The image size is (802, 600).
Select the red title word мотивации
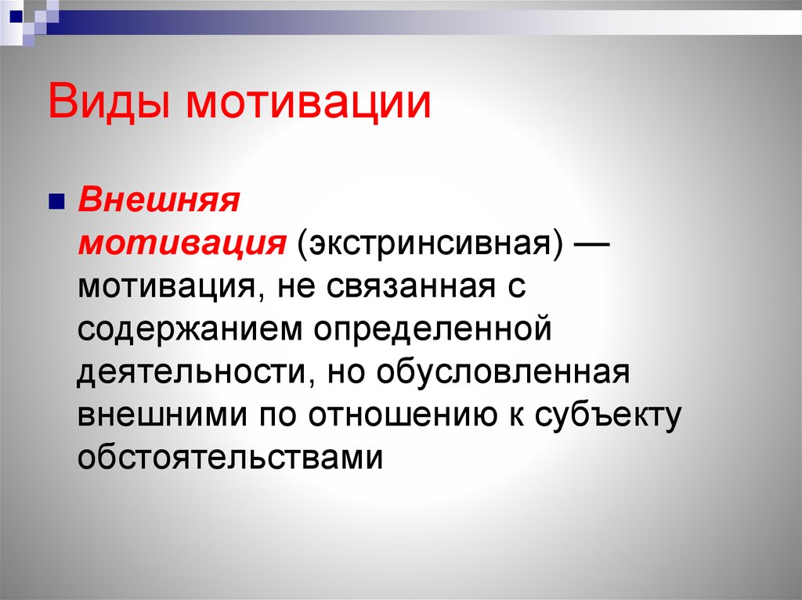[x=309, y=102]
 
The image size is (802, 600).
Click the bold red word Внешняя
[x=158, y=199]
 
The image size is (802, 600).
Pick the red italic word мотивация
[x=182, y=242]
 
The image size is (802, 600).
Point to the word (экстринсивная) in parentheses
[x=429, y=243]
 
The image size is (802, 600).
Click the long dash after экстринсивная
[x=591, y=245]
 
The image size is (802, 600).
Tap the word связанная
[x=410, y=286]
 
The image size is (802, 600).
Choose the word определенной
[x=432, y=329]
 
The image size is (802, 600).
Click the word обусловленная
[x=504, y=371]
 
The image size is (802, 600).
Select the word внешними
[x=163, y=414]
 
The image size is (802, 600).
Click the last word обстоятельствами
[x=230, y=456]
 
